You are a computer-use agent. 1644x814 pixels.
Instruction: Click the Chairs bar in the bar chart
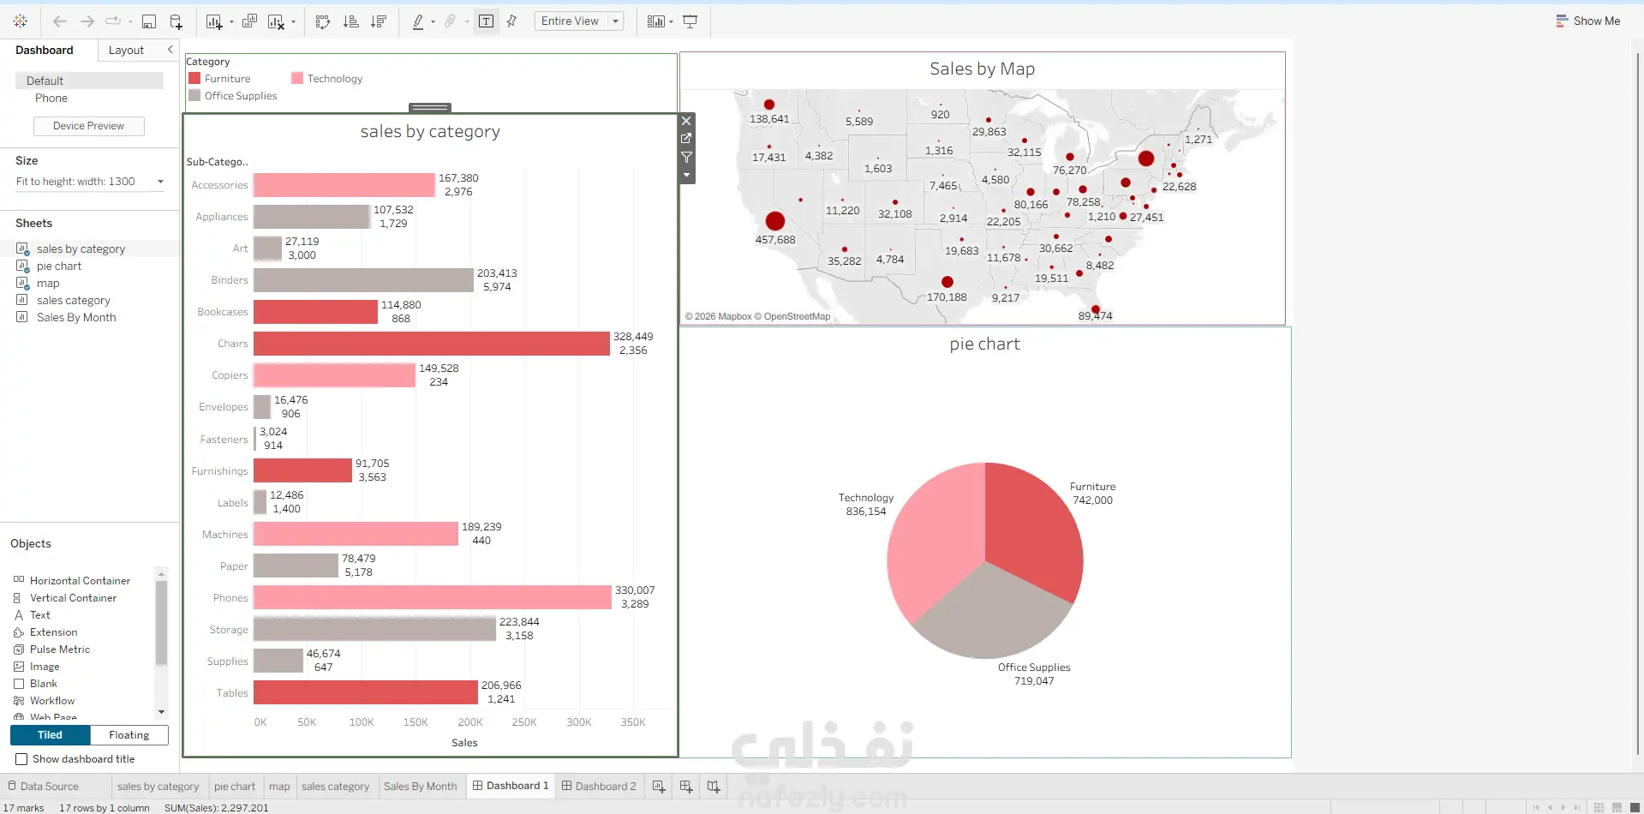pos(431,344)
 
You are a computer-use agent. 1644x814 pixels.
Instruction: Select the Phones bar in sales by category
pos(433,597)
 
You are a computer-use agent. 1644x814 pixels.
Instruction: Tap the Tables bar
pos(366,692)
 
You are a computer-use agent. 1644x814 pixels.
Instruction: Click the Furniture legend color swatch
pos(194,78)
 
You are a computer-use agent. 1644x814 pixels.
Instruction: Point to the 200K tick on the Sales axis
pos(470,722)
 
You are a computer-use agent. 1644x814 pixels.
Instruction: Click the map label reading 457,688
pos(775,240)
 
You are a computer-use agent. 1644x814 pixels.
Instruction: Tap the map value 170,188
pos(947,297)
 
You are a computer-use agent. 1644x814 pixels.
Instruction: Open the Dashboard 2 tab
pos(599,786)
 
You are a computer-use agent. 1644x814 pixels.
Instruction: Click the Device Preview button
pos(88,126)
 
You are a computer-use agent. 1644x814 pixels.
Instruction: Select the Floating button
pos(129,735)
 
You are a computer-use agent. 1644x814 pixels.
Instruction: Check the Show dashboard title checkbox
pos(21,759)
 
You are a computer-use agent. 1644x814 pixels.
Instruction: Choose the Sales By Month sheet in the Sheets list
pos(76,317)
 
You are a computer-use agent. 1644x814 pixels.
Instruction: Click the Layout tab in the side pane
pos(126,51)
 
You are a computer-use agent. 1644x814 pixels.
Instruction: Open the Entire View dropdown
pos(579,21)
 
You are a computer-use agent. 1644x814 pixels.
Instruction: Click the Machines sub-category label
pos(225,535)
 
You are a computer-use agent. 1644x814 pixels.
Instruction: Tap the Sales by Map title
pos(983,69)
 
